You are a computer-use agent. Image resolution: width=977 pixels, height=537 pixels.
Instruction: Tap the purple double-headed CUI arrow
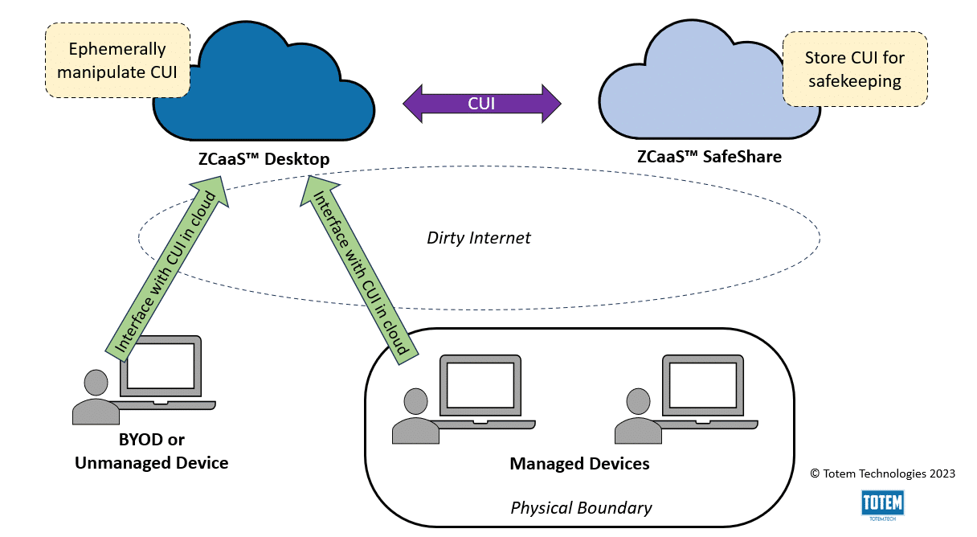(x=481, y=104)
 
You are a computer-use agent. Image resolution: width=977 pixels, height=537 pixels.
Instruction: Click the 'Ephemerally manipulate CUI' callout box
(x=117, y=60)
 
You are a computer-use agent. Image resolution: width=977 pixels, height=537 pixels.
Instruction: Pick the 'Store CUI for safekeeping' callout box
(x=855, y=69)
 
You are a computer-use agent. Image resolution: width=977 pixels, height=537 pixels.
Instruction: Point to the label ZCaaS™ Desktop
(x=264, y=159)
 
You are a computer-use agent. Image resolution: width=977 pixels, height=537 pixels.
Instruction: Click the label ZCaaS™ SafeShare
(x=709, y=157)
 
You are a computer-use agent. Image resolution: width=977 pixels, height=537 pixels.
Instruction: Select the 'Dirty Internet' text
(x=479, y=238)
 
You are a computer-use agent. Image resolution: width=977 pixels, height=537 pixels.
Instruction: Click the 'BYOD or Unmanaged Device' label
(x=151, y=451)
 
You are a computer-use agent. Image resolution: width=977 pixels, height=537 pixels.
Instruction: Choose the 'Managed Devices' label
(x=579, y=464)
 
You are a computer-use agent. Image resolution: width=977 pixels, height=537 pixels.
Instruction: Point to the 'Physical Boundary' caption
(x=581, y=508)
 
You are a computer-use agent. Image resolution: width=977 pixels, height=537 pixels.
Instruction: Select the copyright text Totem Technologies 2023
(x=883, y=473)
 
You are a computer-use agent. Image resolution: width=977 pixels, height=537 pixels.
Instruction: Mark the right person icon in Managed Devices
(x=638, y=417)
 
